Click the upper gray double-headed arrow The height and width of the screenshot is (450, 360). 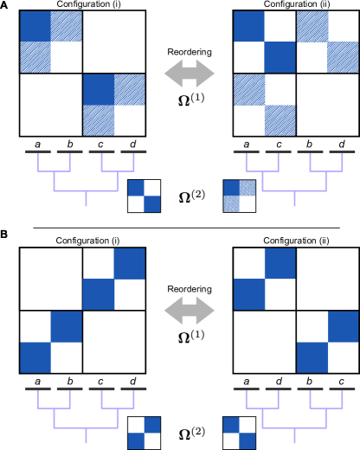pos(190,73)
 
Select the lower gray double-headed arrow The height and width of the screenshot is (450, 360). pos(190,310)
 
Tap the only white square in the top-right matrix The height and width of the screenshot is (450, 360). pos(343,120)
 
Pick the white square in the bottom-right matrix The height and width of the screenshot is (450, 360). pos(344,357)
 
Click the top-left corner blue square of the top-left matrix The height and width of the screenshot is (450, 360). pos(35,27)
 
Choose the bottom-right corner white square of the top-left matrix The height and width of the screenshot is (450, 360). pos(129,120)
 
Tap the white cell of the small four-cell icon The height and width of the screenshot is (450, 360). pos(247,204)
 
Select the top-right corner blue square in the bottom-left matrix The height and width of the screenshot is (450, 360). pos(129,263)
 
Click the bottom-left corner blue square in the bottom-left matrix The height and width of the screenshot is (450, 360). pos(35,357)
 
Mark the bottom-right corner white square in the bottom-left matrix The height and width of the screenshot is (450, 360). pos(129,357)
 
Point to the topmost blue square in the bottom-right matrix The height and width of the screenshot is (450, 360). pos(280,263)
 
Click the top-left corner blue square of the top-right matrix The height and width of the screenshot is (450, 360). pos(249,27)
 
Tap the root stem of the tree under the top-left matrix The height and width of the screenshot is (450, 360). pos(86,198)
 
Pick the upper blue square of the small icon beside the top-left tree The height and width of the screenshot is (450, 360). pos(136,188)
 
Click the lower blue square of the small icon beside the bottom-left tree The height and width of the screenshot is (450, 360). pos(136,440)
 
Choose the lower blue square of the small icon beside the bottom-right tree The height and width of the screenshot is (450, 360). pos(247,440)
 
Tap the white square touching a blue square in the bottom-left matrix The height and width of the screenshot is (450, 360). pos(66,294)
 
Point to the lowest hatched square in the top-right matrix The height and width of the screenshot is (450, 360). pos(280,120)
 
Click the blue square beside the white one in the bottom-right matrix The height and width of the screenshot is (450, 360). pos(312,357)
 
